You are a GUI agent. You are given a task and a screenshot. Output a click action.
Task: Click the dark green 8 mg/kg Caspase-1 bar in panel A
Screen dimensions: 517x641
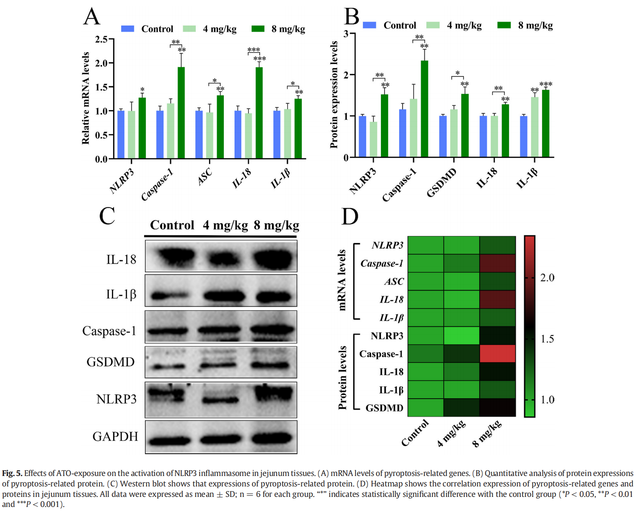pyautogui.click(x=181, y=113)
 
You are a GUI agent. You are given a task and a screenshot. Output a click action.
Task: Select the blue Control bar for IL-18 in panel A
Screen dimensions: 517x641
pyautogui.click(x=238, y=134)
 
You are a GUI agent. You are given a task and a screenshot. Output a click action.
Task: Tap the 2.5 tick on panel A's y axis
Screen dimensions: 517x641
pyautogui.click(x=101, y=39)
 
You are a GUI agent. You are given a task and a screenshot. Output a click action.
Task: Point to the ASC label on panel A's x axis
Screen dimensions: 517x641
pyautogui.click(x=205, y=177)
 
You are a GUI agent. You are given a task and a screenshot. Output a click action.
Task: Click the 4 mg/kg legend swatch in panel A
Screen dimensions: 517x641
pyautogui.click(x=189, y=29)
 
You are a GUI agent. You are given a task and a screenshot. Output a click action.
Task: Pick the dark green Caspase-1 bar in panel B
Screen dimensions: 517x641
pyautogui.click(x=424, y=109)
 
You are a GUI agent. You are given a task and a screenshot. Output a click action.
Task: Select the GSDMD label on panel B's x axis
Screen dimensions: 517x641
pyautogui.click(x=441, y=183)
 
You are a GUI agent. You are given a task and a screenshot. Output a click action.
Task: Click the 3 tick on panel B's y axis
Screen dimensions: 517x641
pyautogui.click(x=346, y=34)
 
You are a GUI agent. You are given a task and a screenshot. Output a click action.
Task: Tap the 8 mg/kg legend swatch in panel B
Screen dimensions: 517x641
pyautogui.click(x=504, y=25)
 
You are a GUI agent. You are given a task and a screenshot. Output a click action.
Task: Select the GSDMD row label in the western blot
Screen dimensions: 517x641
pyautogui.click(x=110, y=362)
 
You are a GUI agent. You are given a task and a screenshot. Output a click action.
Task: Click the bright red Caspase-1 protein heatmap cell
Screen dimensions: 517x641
pyautogui.click(x=498, y=354)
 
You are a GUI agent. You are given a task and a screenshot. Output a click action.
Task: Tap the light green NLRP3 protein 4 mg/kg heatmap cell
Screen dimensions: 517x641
pyautogui.click(x=461, y=336)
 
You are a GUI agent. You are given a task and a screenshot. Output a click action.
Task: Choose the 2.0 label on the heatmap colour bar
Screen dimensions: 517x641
pyautogui.click(x=547, y=278)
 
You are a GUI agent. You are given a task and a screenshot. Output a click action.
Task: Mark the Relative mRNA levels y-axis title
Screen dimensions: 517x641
pyautogui.click(x=85, y=98)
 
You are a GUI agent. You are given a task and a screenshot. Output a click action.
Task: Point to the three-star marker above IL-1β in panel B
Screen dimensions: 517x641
pyautogui.click(x=546, y=84)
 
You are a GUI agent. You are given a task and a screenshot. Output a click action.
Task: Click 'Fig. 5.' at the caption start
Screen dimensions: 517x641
pyautogui.click(x=12, y=473)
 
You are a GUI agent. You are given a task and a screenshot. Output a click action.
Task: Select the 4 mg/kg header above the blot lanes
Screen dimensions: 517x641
pyautogui.click(x=225, y=225)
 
